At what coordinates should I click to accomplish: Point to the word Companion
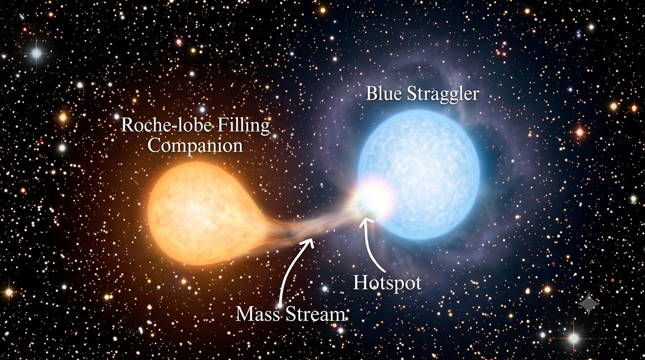[195, 147]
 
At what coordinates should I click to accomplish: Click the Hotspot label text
[387, 283]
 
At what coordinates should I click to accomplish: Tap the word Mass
[258, 314]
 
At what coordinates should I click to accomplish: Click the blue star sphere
[419, 174]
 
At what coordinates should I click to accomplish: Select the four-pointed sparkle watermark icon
[589, 304]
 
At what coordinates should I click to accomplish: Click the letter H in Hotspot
[360, 282]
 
